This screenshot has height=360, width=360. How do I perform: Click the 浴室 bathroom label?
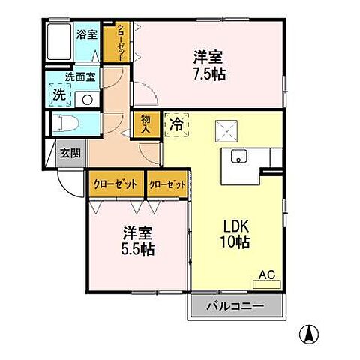pos(86,34)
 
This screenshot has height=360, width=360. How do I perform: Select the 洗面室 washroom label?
pos(79,76)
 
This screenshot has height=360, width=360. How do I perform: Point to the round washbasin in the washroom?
pos(87,98)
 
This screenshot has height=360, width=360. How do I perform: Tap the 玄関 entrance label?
pos(70,154)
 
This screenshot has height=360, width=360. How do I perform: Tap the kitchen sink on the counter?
pos(241,156)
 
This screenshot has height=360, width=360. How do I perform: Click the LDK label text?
pos(234,226)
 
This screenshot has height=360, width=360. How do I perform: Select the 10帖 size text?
pos(235,242)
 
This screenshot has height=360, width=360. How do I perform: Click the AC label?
pos(267,274)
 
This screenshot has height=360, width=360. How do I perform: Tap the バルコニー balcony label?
pos(236,305)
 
